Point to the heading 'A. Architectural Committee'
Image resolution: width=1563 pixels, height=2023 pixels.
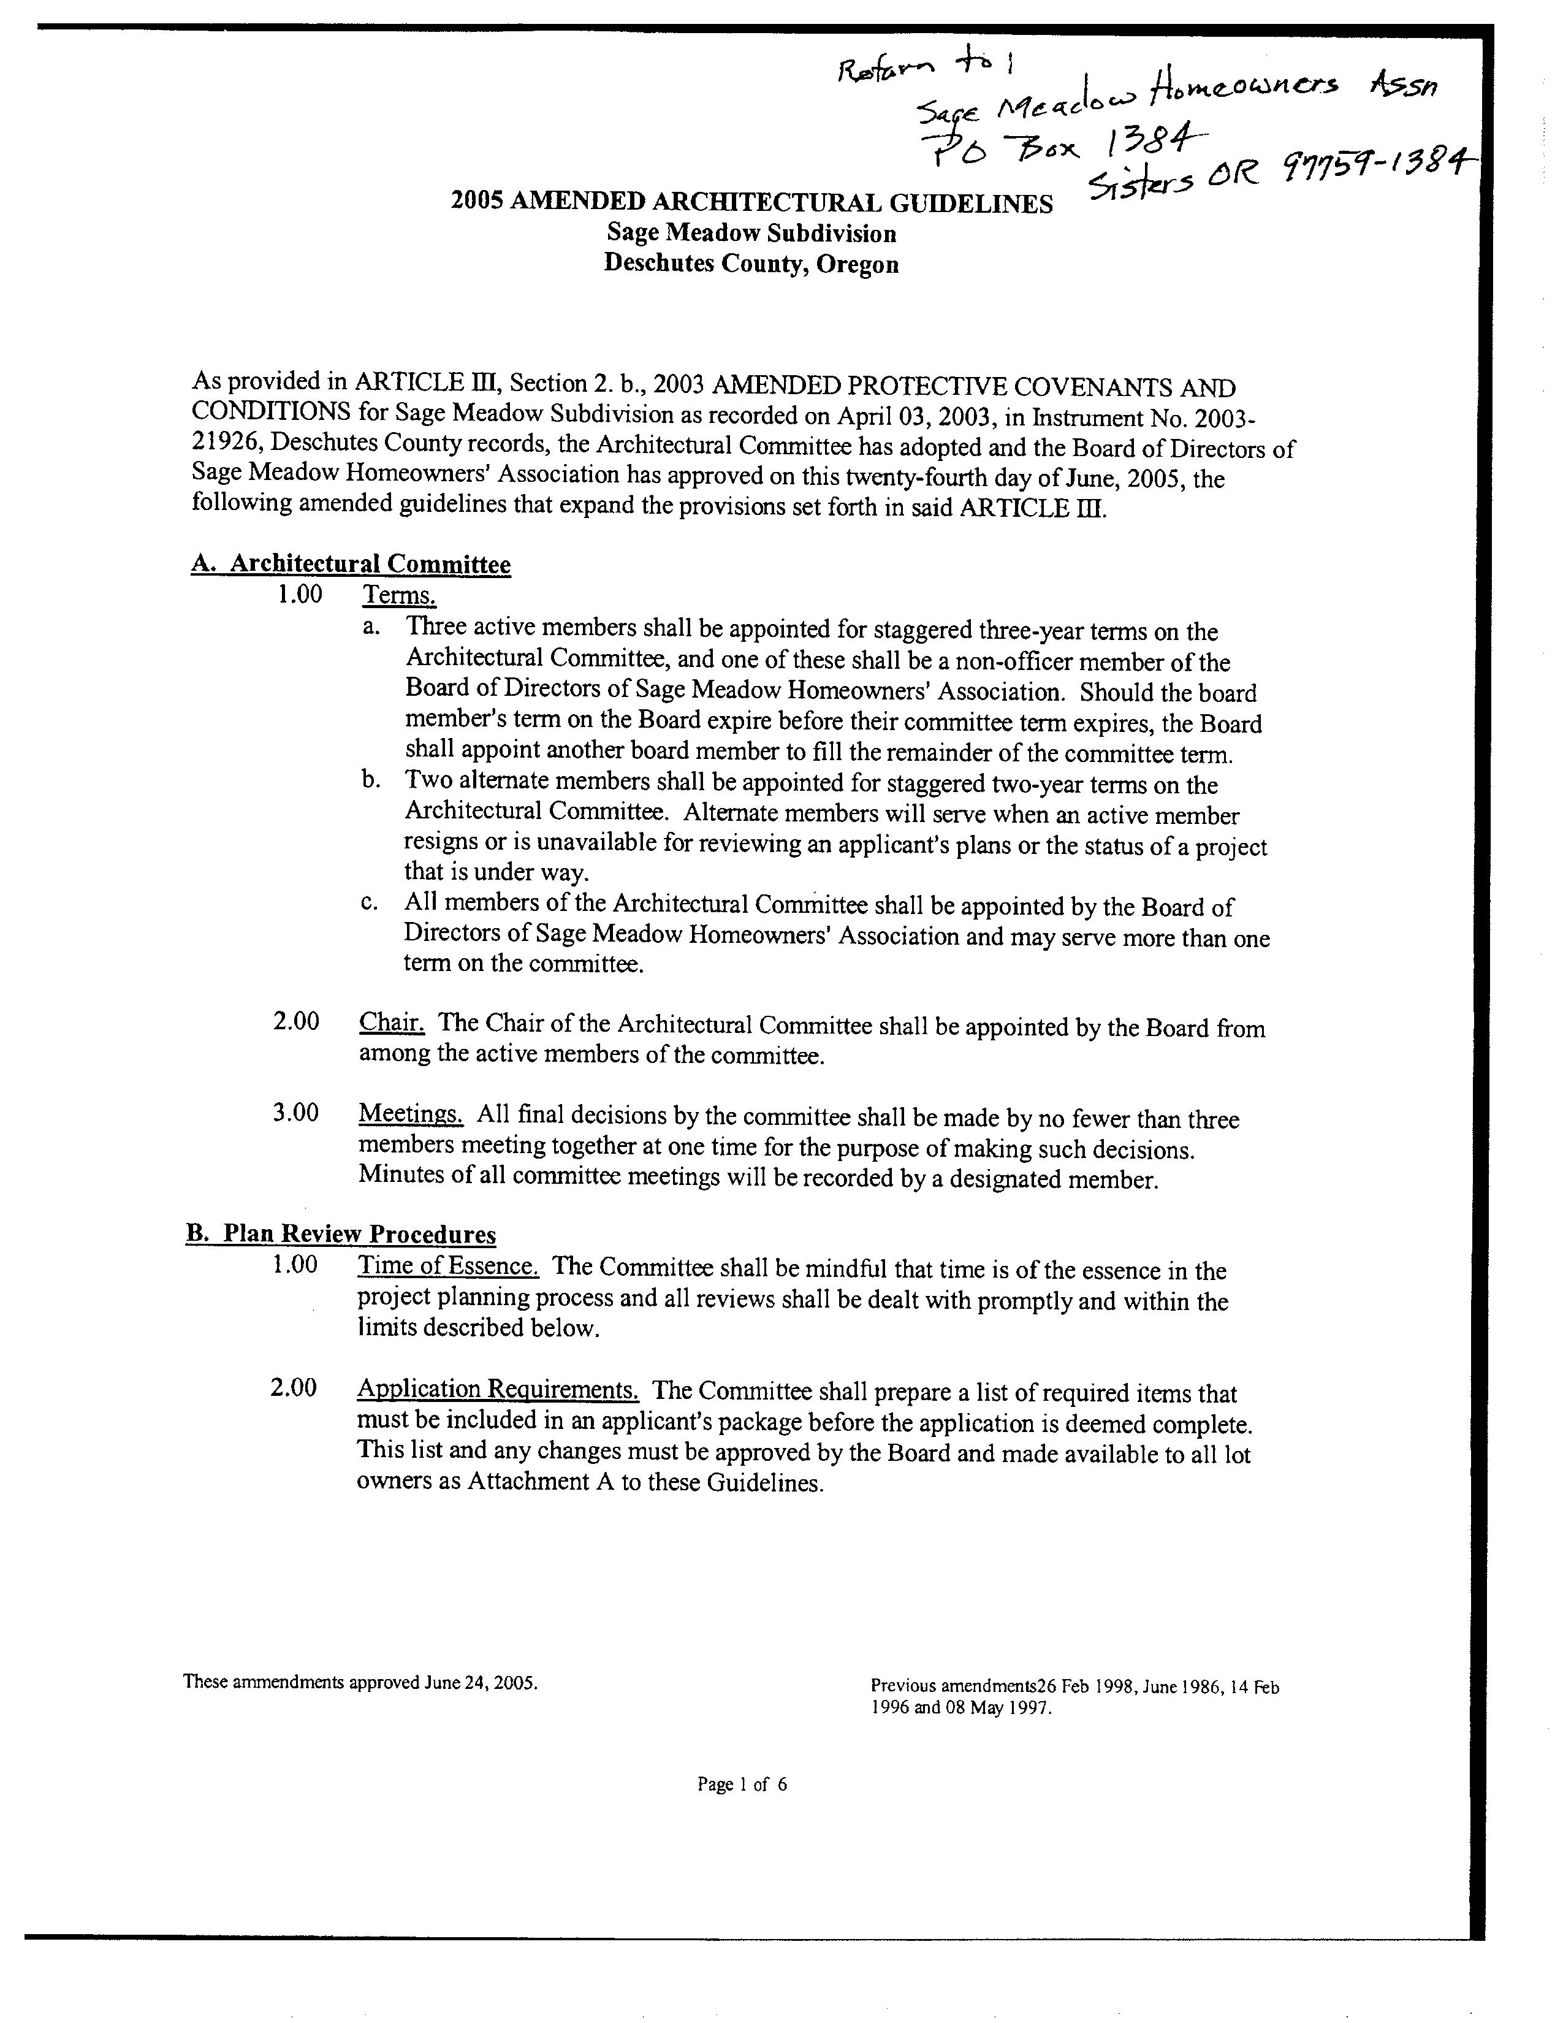351,563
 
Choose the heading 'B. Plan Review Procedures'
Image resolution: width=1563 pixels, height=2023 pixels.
341,1234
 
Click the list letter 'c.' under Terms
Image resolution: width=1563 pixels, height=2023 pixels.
370,902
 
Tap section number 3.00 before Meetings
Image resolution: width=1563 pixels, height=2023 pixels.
295,1113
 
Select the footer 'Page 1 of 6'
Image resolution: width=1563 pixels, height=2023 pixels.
742,1784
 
